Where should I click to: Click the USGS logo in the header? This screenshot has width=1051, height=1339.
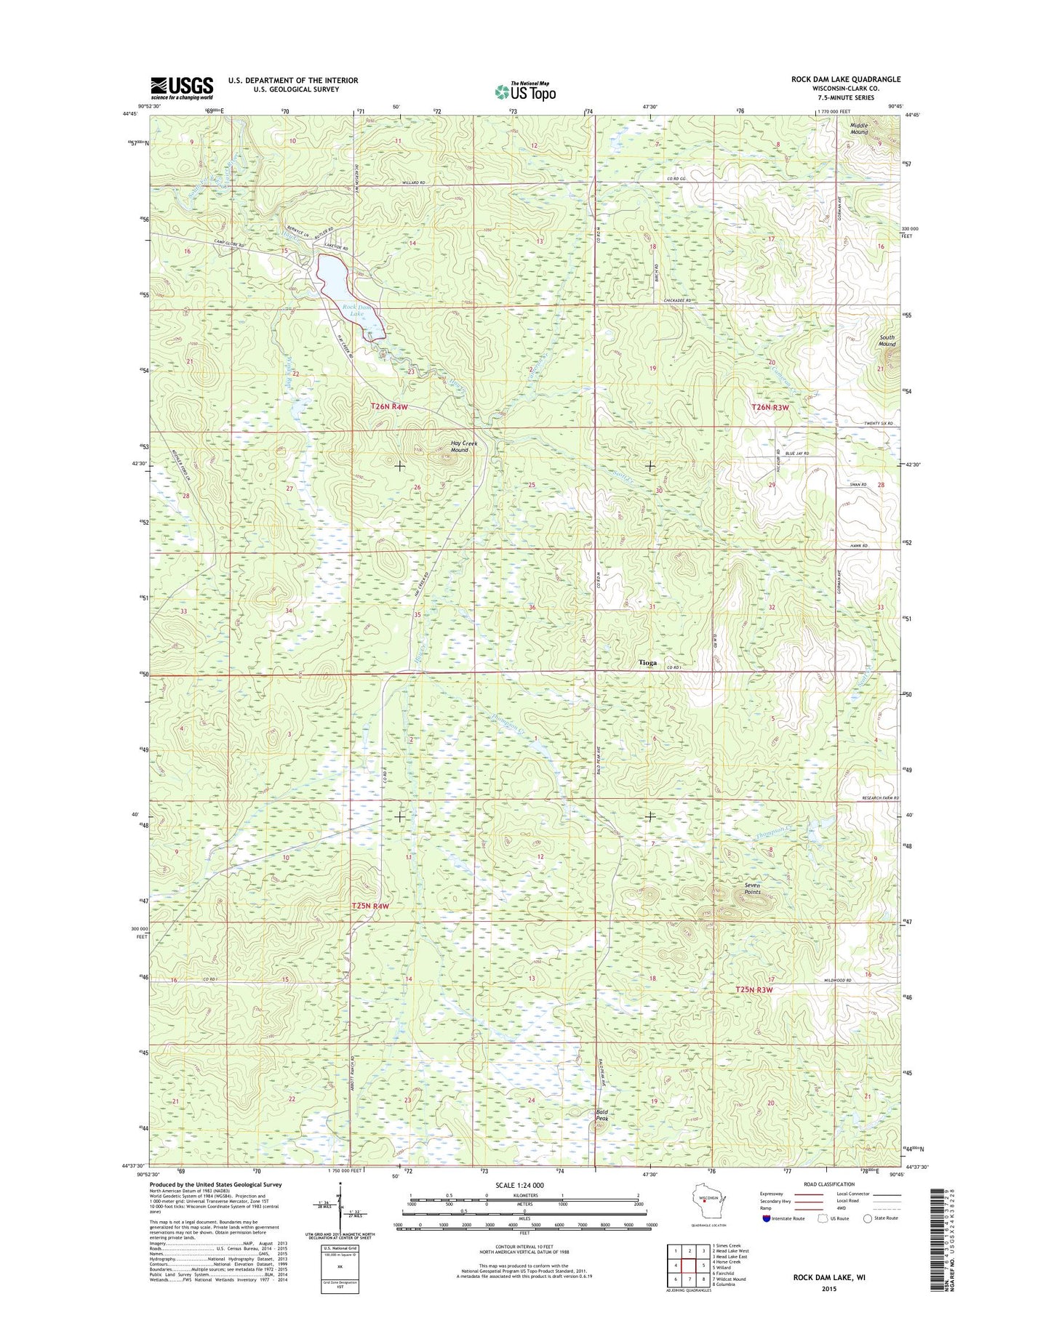tap(182, 87)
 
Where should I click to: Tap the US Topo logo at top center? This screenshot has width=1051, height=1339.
tap(525, 92)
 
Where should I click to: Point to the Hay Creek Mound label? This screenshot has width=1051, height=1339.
tap(459, 446)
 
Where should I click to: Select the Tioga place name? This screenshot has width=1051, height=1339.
tap(647, 662)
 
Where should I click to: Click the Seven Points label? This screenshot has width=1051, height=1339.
tap(752, 888)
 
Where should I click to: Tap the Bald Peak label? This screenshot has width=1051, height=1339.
tap(602, 1114)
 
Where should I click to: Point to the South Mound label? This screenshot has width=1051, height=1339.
tap(887, 340)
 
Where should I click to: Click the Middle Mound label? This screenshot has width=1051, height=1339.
tap(859, 129)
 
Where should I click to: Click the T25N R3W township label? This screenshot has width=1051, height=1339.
tap(753, 989)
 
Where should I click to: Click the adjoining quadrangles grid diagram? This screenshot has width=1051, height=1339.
tap(687, 1266)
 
